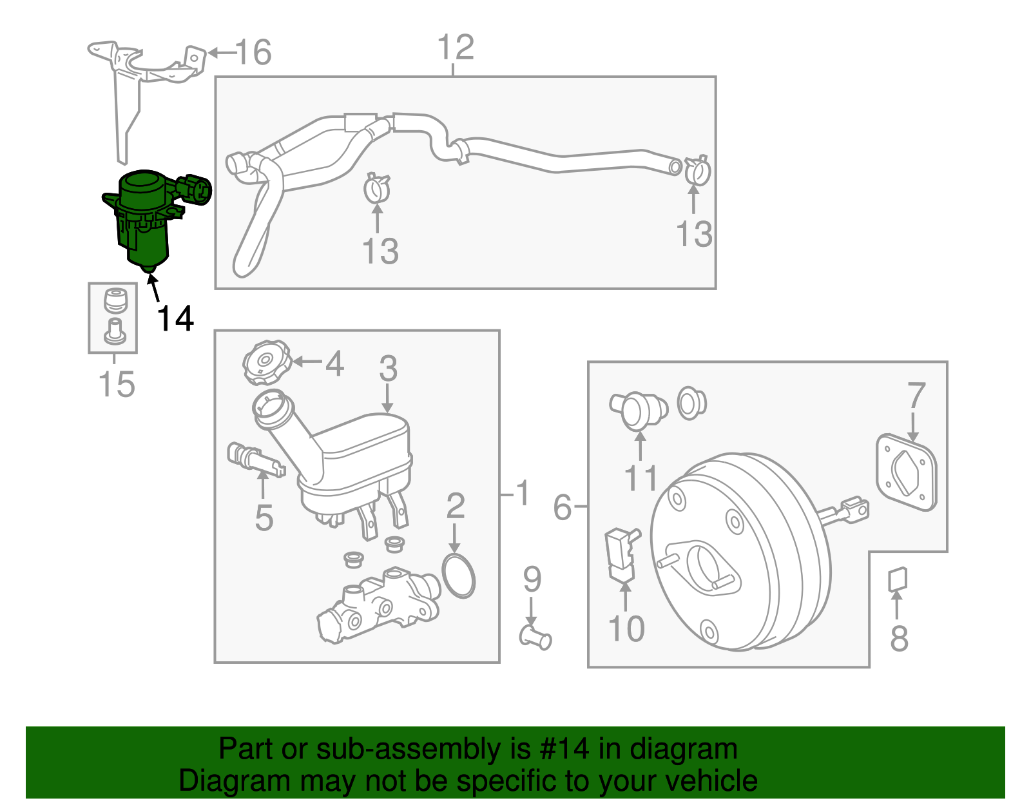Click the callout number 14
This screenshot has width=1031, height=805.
[x=175, y=318]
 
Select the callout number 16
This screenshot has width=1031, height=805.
[x=253, y=52]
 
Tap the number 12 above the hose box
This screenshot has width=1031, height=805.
[x=455, y=48]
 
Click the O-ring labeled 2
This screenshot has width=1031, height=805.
[x=459, y=574]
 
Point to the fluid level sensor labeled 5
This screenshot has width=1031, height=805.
[x=255, y=459]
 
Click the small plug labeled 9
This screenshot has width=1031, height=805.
[x=535, y=638]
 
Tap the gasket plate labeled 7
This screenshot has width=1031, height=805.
[x=906, y=474]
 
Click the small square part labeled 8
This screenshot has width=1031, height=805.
[x=898, y=578]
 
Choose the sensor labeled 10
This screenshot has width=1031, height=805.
[x=621, y=554]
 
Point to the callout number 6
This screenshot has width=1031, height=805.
[x=562, y=507]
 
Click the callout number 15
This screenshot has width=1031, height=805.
[x=117, y=384]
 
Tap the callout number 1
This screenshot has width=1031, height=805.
[x=522, y=494]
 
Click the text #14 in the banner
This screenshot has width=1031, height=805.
[x=560, y=750]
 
